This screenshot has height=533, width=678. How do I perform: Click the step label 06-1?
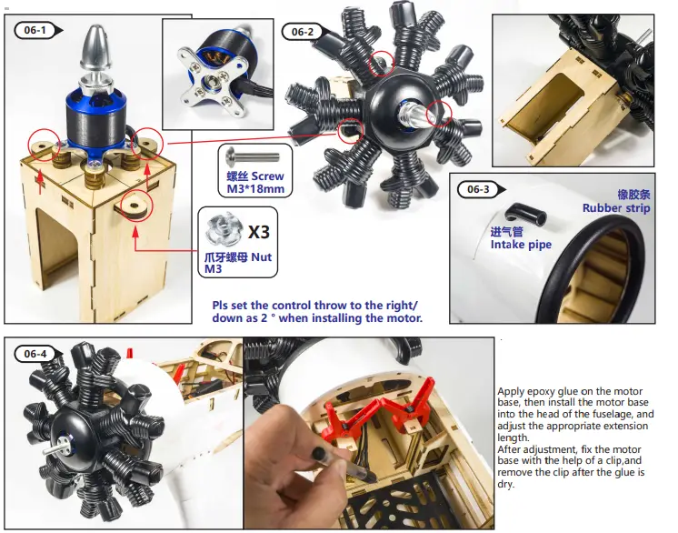(x=35, y=30)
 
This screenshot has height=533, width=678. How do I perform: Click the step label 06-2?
(x=302, y=32)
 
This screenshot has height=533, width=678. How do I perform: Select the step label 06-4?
(x=35, y=353)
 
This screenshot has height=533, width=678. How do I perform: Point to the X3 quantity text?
(x=259, y=231)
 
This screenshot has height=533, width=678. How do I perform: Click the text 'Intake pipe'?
(x=521, y=245)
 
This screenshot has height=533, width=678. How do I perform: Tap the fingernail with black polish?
(x=320, y=453)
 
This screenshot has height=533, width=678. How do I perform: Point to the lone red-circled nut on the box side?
(x=135, y=206)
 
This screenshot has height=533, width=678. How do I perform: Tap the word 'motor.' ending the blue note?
(x=402, y=318)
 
